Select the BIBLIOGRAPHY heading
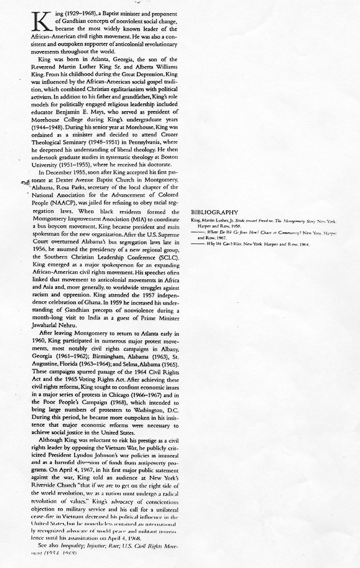point(214,212)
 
